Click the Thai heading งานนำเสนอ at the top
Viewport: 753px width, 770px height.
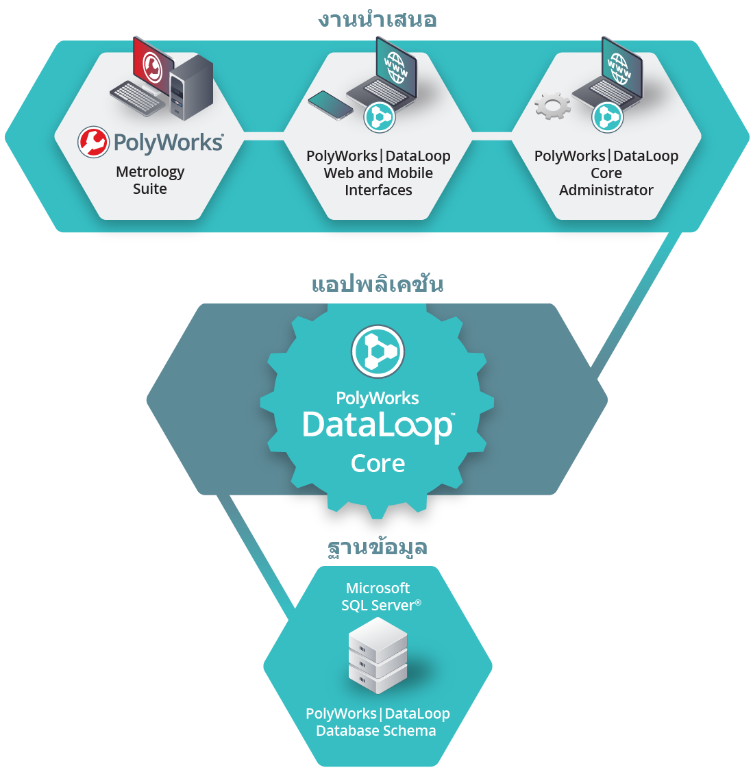click(377, 19)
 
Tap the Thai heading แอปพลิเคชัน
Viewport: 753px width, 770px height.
click(378, 284)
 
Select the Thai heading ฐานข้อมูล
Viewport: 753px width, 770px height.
click(378, 547)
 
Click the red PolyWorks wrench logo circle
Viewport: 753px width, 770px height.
click(93, 142)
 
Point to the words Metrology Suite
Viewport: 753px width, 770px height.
click(150, 180)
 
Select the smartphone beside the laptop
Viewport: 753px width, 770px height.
click(330, 105)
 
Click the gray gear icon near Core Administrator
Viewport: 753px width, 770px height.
click(553, 106)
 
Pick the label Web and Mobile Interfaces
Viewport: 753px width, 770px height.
click(378, 182)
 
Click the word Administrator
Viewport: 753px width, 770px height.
click(606, 190)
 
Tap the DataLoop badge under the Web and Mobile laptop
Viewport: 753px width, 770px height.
click(379, 117)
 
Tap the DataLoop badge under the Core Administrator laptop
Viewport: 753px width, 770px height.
click(607, 117)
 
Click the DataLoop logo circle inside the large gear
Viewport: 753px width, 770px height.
click(378, 351)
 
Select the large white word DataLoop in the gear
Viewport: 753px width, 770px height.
click(378, 425)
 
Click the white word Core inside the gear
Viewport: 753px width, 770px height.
click(378, 463)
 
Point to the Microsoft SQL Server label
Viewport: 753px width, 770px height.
click(381, 597)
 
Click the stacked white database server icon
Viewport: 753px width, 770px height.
click(378, 655)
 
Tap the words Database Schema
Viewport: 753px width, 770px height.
click(375, 731)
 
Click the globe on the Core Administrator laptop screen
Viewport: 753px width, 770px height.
click(619, 69)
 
